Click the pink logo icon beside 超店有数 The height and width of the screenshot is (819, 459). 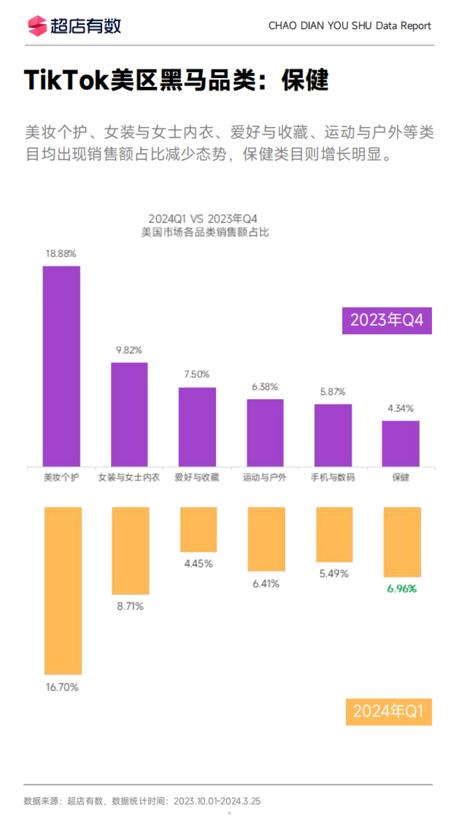[x=37, y=26]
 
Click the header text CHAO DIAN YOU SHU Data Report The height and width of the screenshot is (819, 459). [x=350, y=26]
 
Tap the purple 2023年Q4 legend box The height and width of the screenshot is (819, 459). [x=387, y=321]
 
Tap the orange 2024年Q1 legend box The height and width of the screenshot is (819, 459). [x=389, y=712]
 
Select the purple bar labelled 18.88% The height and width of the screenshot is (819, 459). [x=62, y=366]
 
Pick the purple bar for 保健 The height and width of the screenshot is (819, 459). [x=400, y=443]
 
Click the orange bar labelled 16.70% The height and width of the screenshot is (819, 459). [x=63, y=591]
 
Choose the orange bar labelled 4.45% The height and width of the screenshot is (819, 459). [x=199, y=529]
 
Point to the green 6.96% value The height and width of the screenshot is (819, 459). [x=402, y=589]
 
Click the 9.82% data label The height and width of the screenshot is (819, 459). [x=129, y=350]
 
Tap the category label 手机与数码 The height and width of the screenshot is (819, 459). [x=333, y=477]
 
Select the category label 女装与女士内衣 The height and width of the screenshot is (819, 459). [x=129, y=477]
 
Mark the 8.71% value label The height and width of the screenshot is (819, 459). [x=130, y=606]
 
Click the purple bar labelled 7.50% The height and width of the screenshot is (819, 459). [x=197, y=427]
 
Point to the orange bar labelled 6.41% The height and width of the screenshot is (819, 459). [x=266, y=539]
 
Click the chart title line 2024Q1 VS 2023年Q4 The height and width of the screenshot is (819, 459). [x=203, y=219]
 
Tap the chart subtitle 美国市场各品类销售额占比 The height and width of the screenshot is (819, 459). [x=205, y=232]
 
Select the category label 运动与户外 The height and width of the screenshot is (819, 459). [x=265, y=477]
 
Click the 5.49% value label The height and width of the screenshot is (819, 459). [x=334, y=574]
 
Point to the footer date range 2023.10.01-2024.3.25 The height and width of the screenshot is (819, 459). [x=217, y=801]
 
